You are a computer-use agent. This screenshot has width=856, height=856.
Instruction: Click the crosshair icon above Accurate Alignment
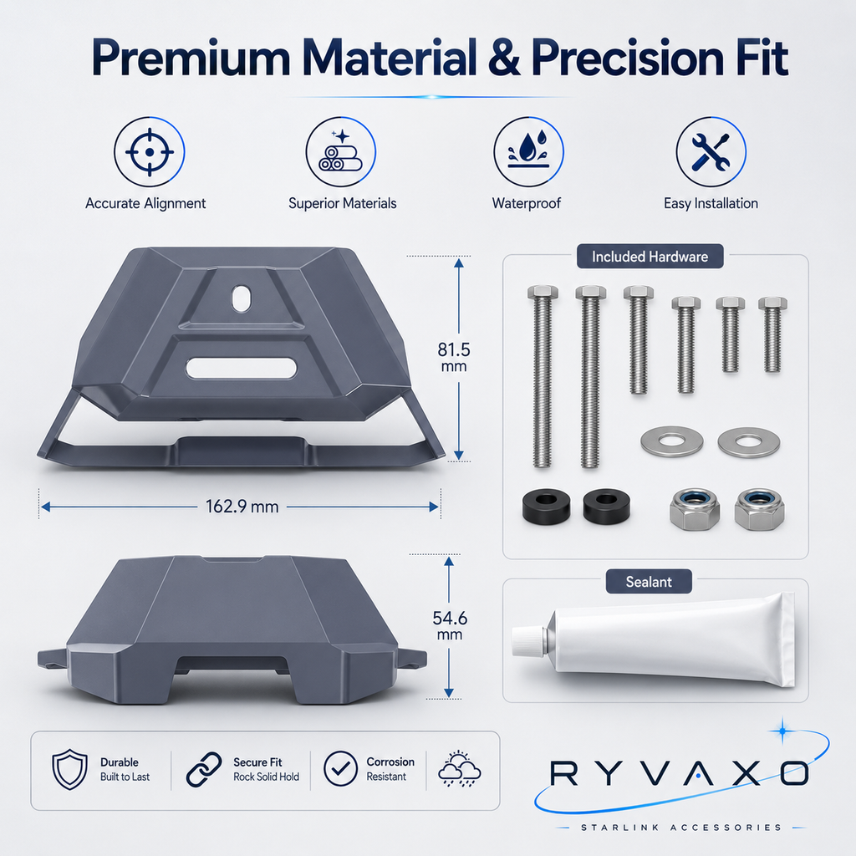[x=150, y=152]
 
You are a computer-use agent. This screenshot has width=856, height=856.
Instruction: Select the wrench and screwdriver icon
[x=711, y=152]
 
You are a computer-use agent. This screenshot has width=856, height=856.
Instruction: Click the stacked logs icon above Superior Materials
[x=341, y=152]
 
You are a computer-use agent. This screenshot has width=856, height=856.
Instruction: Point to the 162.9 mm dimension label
[x=242, y=507]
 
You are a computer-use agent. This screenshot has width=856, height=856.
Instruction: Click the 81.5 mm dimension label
[x=454, y=357]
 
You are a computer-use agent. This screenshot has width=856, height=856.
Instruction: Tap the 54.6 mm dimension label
[x=450, y=625]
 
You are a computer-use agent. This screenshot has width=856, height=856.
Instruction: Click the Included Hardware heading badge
[x=650, y=257]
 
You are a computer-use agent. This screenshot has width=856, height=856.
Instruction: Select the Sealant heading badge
[x=649, y=582]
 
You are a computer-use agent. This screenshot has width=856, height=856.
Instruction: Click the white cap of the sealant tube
[x=528, y=641]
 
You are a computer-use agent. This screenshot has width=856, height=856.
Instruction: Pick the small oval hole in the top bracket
[x=242, y=298]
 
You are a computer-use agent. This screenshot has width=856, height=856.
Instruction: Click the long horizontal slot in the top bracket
[x=242, y=368]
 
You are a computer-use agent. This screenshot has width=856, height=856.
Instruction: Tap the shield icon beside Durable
[x=70, y=769]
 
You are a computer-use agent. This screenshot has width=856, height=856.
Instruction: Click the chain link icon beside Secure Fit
[x=204, y=769]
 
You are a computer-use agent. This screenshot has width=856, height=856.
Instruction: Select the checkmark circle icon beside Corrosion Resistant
[x=341, y=769]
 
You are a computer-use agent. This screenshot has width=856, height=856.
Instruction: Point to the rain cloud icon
[x=460, y=769]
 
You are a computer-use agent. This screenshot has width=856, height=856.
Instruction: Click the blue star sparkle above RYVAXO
[x=782, y=731]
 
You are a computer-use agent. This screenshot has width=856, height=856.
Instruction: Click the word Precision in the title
[x=627, y=58]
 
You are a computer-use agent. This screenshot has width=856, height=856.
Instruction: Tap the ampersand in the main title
[x=504, y=58]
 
